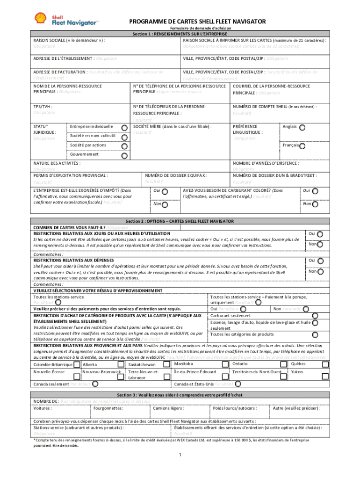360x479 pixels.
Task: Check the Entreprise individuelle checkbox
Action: [x=124, y=127]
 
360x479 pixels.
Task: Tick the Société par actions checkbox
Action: [x=124, y=146]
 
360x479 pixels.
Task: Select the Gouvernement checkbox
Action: [x=124, y=156]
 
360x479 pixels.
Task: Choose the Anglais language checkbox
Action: [x=302, y=127]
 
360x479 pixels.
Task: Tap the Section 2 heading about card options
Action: [x=180, y=221]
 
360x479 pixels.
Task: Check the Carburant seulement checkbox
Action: [x=315, y=315]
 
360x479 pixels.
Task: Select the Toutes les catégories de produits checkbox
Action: [x=315, y=334]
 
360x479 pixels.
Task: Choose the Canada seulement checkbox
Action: [x=95, y=384]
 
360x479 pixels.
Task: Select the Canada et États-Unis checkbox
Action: [x=238, y=384]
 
